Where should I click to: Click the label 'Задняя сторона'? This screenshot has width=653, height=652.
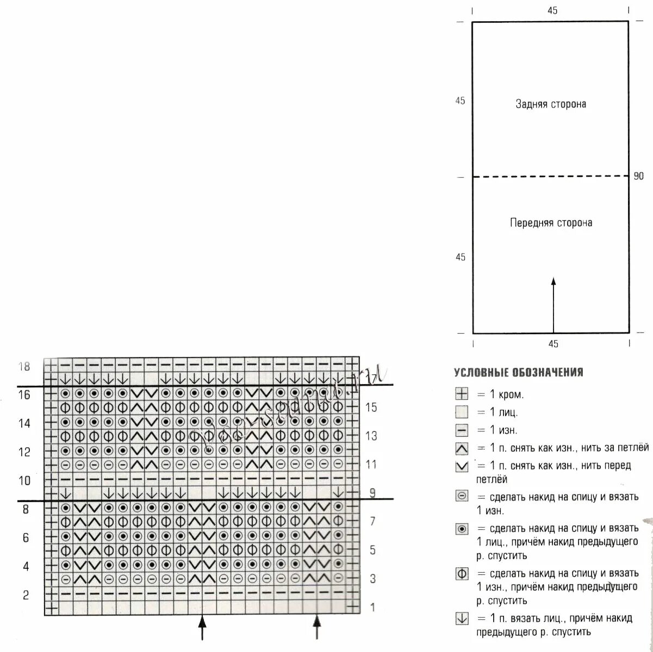[x=551, y=104]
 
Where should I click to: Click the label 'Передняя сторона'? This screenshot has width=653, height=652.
[x=551, y=223]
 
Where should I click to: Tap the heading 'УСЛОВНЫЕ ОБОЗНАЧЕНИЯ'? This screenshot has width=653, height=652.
[x=518, y=373]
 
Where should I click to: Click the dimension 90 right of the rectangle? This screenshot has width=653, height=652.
[x=638, y=176]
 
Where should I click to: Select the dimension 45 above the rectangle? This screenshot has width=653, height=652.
[x=552, y=10]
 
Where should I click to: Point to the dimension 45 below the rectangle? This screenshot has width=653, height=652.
[x=553, y=344]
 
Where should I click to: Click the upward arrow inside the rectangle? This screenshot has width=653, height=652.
[x=554, y=304]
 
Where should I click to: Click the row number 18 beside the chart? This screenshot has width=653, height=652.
[x=24, y=366]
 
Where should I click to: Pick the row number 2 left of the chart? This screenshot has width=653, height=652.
[x=26, y=595]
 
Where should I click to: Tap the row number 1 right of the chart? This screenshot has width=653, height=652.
[x=372, y=607]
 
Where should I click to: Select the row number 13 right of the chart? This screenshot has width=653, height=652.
[x=371, y=436]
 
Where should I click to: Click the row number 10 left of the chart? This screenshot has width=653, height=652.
[x=24, y=480]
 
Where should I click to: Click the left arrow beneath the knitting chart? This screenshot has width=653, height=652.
[x=202, y=627]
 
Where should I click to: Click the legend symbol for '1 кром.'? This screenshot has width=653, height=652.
[x=462, y=394]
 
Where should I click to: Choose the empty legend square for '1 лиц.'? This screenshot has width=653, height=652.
[x=462, y=412]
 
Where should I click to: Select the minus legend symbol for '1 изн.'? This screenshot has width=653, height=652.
[x=462, y=430]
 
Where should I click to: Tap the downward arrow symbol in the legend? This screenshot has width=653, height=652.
[x=462, y=618]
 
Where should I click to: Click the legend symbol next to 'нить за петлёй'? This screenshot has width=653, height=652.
[x=462, y=448]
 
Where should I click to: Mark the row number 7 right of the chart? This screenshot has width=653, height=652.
[x=372, y=522]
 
